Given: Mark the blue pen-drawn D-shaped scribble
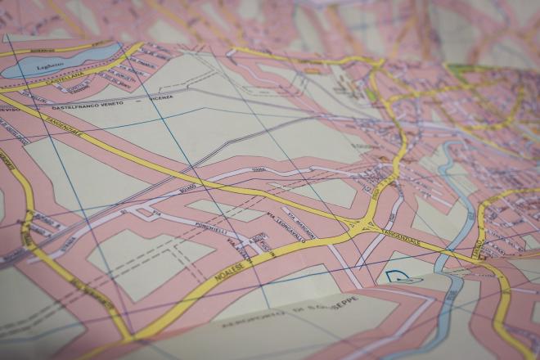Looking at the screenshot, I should pyautogui.click(x=401, y=278).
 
